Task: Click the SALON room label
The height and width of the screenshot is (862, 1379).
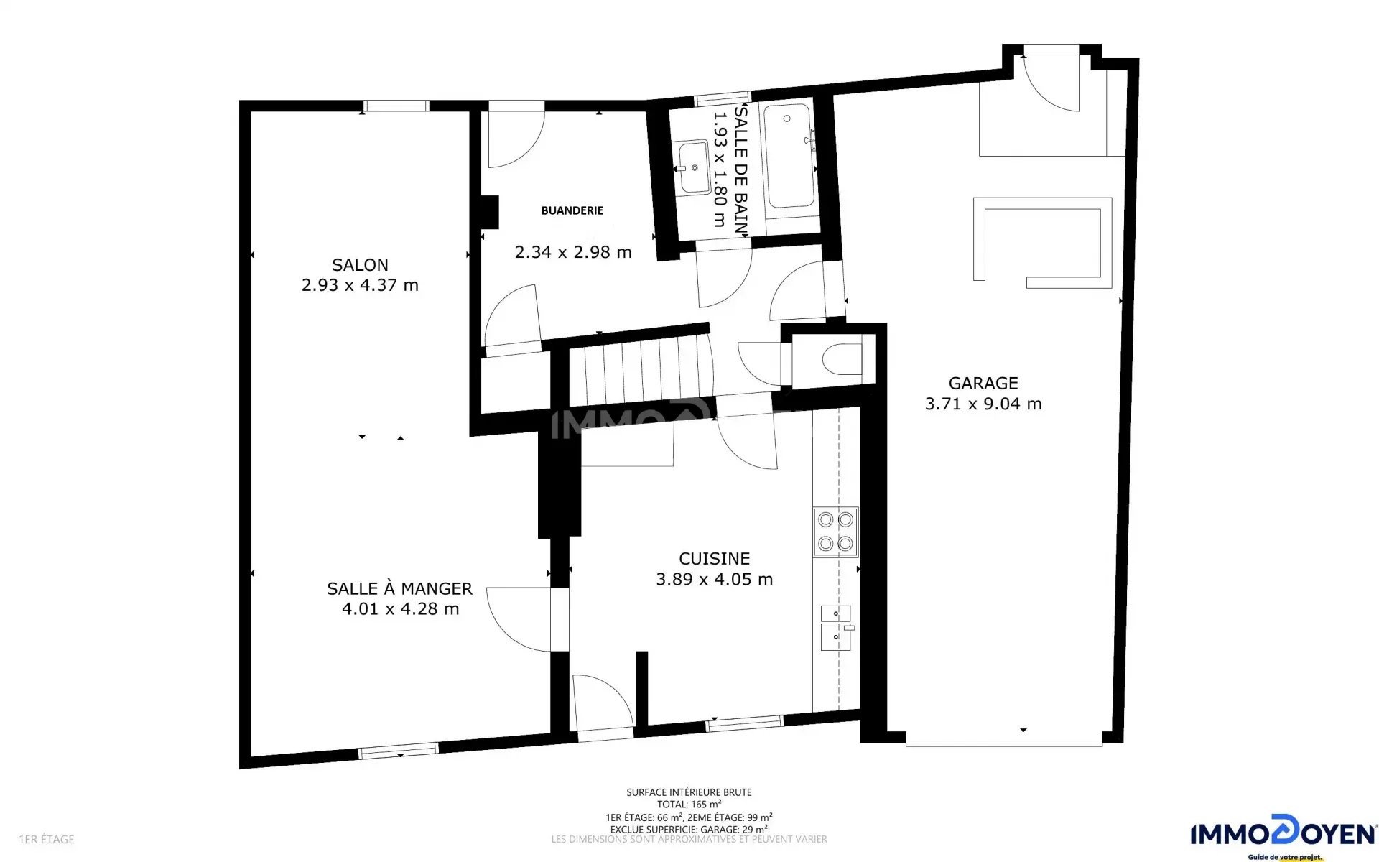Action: (360, 265)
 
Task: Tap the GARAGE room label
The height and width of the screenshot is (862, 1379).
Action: (983, 384)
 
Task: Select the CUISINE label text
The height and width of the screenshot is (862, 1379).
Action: (715, 559)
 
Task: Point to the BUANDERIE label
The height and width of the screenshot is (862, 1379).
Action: (572, 210)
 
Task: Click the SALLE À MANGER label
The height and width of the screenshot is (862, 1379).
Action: (400, 589)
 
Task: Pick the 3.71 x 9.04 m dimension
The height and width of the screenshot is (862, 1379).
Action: (983, 404)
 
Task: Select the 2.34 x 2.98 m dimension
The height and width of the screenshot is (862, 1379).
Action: (573, 252)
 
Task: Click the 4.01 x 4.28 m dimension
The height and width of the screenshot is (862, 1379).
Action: (400, 609)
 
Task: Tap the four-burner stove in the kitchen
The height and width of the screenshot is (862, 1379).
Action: (835, 532)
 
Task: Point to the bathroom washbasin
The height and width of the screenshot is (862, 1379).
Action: (695, 167)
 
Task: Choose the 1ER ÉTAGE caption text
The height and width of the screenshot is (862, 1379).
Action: (47, 839)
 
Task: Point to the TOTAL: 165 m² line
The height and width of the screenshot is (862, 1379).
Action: (689, 805)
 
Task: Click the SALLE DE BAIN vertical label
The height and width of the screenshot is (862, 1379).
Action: (741, 170)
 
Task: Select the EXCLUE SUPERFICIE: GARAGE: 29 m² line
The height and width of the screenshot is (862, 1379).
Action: (689, 829)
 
